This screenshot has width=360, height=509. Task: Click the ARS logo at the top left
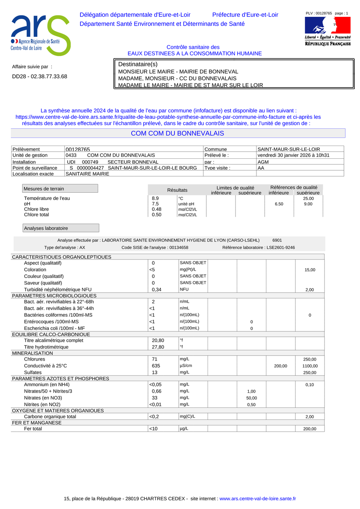[40, 35]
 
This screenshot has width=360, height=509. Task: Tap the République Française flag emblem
[328, 25]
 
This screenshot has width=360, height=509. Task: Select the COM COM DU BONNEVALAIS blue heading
[178, 133]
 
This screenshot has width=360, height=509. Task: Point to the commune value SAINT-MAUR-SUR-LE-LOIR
[288, 149]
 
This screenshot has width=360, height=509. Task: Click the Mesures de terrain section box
[60, 188]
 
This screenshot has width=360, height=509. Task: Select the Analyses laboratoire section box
[61, 228]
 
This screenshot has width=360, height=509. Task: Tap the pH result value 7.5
[155, 204]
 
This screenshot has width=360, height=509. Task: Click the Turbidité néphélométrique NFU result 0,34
[156, 289]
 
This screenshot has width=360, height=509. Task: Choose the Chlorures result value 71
[155, 359]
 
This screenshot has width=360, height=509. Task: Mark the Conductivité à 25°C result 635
[156, 365]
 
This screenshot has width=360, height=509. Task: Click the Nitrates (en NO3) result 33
[155, 398]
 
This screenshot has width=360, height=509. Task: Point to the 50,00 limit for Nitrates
[251, 398]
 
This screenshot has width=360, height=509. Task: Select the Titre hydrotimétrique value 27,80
[158, 347]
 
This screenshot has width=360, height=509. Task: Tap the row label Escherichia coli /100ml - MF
[57, 328]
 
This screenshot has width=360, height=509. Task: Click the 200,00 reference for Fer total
[310, 429]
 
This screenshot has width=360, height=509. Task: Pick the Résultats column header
[177, 190]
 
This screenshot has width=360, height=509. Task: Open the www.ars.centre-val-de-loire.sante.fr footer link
[258, 499]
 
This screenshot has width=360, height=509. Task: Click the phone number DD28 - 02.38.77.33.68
[40, 76]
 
